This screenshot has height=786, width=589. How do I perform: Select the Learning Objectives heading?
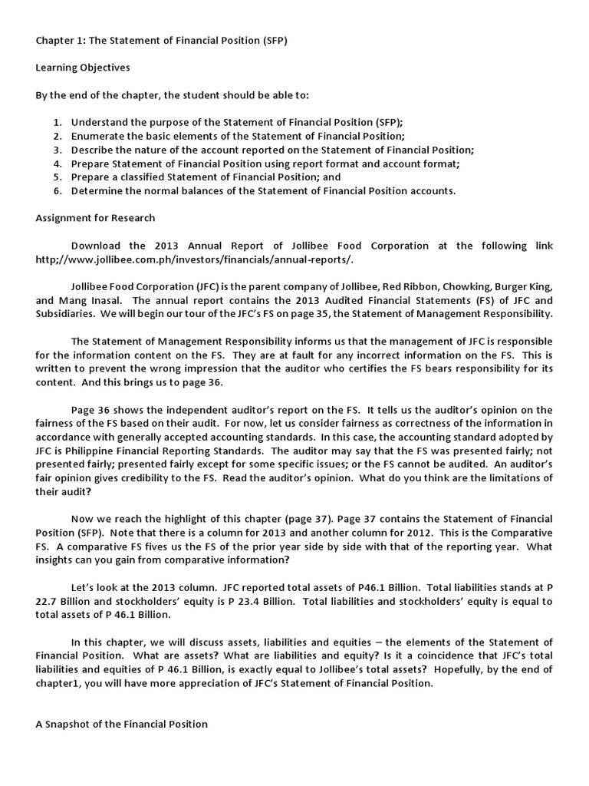(x=83, y=68)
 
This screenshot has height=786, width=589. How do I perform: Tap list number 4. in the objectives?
(x=58, y=163)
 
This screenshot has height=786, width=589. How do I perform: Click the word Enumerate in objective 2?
(x=98, y=136)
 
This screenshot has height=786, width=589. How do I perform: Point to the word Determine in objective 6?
(x=97, y=191)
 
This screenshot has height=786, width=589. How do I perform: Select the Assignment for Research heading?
(x=95, y=218)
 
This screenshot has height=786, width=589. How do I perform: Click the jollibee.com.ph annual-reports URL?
(x=195, y=259)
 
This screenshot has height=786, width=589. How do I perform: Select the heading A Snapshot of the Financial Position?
(x=122, y=724)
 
